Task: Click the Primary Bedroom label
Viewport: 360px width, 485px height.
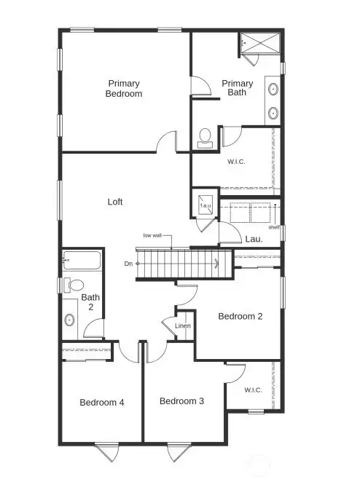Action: [123, 88]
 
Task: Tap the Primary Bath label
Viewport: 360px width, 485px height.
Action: [238, 88]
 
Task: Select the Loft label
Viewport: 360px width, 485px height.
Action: [115, 202]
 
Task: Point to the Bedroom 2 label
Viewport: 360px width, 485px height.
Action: [240, 316]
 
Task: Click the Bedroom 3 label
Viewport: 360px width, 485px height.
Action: [181, 401]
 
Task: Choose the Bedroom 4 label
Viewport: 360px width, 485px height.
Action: [102, 402]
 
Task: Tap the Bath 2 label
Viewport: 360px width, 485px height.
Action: [90, 302]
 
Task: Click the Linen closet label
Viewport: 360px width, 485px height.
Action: [183, 326]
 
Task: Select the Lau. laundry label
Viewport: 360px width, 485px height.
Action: [254, 238]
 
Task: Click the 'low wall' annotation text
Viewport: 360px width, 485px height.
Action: [152, 235]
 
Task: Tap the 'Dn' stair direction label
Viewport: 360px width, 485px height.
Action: [128, 263]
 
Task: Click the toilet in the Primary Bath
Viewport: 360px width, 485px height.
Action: [205, 137]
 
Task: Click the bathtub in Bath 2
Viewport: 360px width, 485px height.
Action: [82, 261]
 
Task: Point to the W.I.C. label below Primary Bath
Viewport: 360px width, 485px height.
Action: [236, 161]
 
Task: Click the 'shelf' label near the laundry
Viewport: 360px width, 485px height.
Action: [274, 227]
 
